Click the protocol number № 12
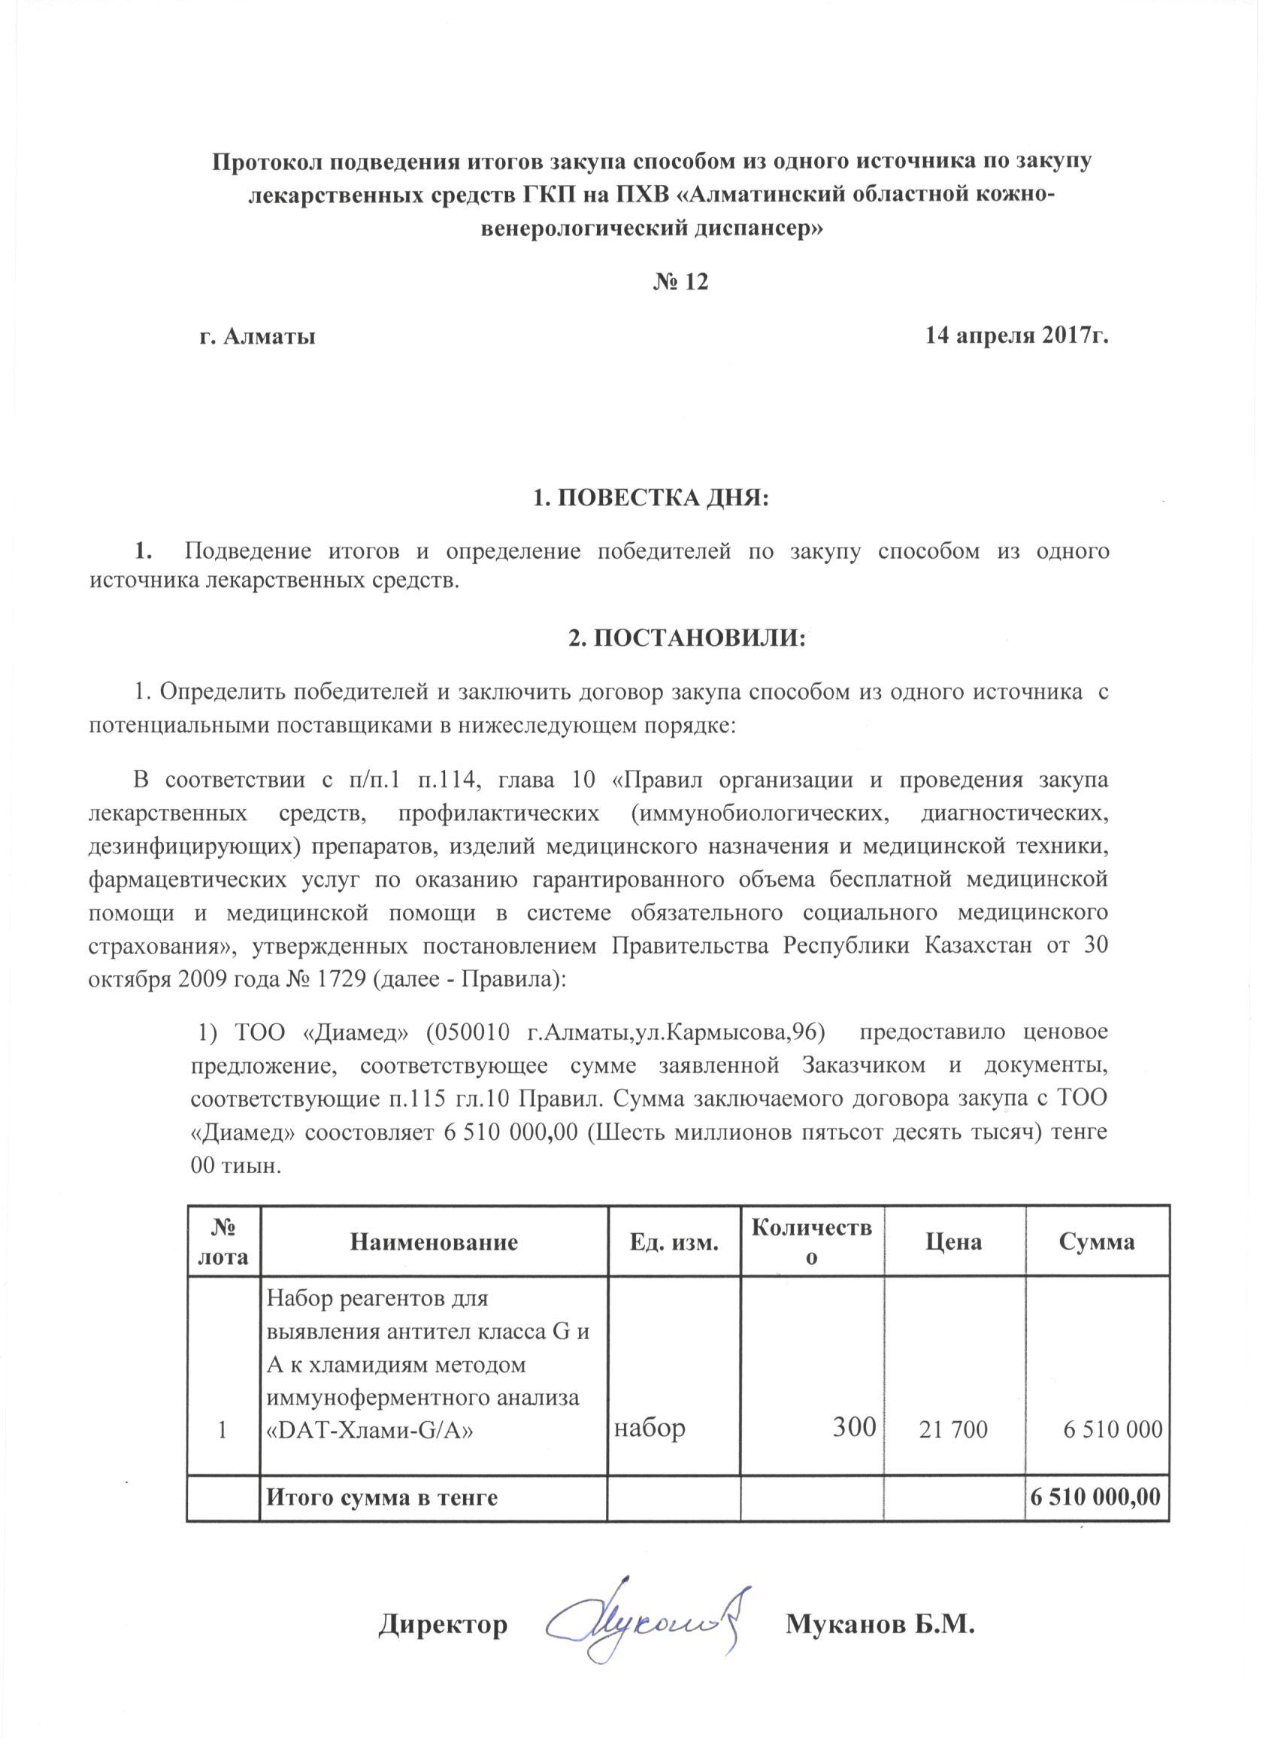(x=680, y=281)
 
